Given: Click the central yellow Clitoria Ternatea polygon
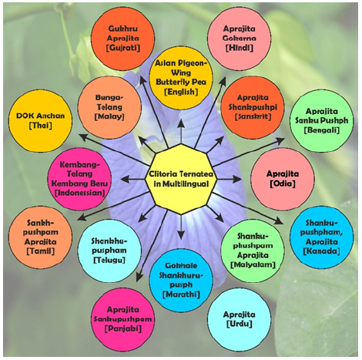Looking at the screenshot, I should tap(180, 179).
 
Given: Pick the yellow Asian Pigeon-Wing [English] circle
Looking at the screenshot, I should tap(181, 74).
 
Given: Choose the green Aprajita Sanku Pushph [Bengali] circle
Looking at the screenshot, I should tap(316, 123).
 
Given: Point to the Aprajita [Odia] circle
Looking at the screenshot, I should tap(280, 180).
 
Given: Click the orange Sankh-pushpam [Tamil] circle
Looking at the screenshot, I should tap(39, 232).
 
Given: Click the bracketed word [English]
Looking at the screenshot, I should tap(181, 91).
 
